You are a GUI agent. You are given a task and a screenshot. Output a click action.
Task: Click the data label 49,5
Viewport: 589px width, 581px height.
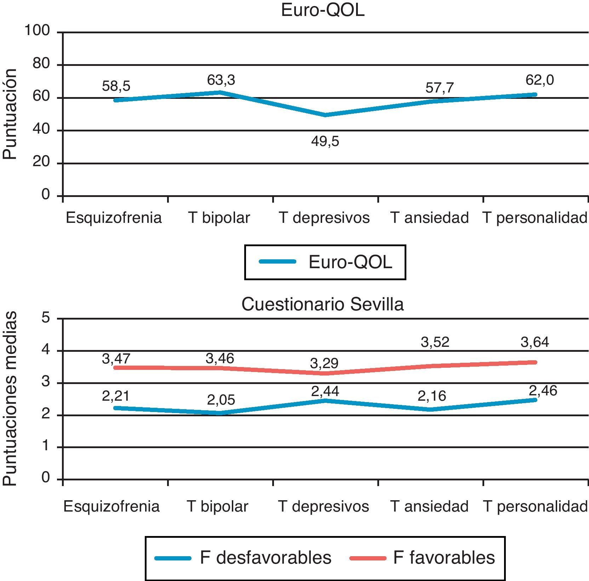325,142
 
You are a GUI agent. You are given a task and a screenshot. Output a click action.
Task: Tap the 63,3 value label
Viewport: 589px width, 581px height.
221,80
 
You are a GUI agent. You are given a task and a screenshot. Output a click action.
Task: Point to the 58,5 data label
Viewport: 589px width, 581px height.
116,86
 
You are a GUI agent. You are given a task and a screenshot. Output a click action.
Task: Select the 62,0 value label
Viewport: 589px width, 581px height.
540,80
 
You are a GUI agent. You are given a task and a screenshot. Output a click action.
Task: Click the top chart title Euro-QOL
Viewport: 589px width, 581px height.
322,10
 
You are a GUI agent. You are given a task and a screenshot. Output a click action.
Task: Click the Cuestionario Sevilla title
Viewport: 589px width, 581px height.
322,304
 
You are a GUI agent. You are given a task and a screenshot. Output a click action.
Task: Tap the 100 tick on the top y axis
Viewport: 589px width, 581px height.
37,31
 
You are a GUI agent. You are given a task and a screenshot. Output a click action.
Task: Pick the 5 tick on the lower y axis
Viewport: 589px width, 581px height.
46,318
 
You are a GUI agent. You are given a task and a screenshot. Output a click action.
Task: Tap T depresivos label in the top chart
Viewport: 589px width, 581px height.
324,218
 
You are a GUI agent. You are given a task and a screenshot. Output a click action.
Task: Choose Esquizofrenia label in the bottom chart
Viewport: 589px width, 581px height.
111,506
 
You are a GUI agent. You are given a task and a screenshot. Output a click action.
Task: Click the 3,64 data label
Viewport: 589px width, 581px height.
535,342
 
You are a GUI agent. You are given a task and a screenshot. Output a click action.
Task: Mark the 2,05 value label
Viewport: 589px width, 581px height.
221,400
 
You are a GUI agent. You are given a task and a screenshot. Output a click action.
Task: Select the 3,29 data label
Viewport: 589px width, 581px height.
324,363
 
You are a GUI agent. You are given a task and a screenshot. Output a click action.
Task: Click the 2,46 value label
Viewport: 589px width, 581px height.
543,391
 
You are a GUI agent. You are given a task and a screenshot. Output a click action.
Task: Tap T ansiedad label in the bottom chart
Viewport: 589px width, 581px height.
429,506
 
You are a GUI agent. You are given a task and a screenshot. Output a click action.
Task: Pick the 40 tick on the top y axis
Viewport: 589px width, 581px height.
41,129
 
